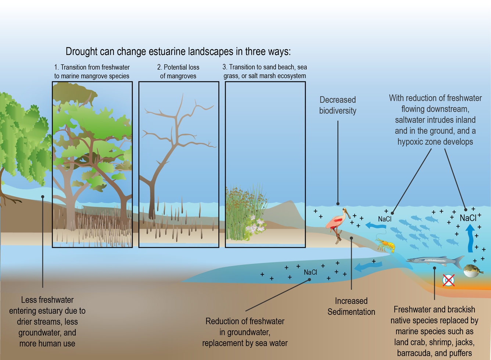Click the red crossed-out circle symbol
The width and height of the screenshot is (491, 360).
tap(448, 280)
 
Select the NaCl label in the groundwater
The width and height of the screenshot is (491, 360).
tap(310, 272)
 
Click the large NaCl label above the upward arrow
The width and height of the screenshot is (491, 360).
tap(468, 218)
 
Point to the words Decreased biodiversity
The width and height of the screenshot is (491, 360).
tap(337, 105)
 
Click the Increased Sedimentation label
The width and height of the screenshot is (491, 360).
tap(351, 306)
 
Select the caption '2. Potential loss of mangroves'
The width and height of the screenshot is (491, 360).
tap(178, 72)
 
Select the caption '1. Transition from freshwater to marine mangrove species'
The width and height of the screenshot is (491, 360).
tap(92, 72)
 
